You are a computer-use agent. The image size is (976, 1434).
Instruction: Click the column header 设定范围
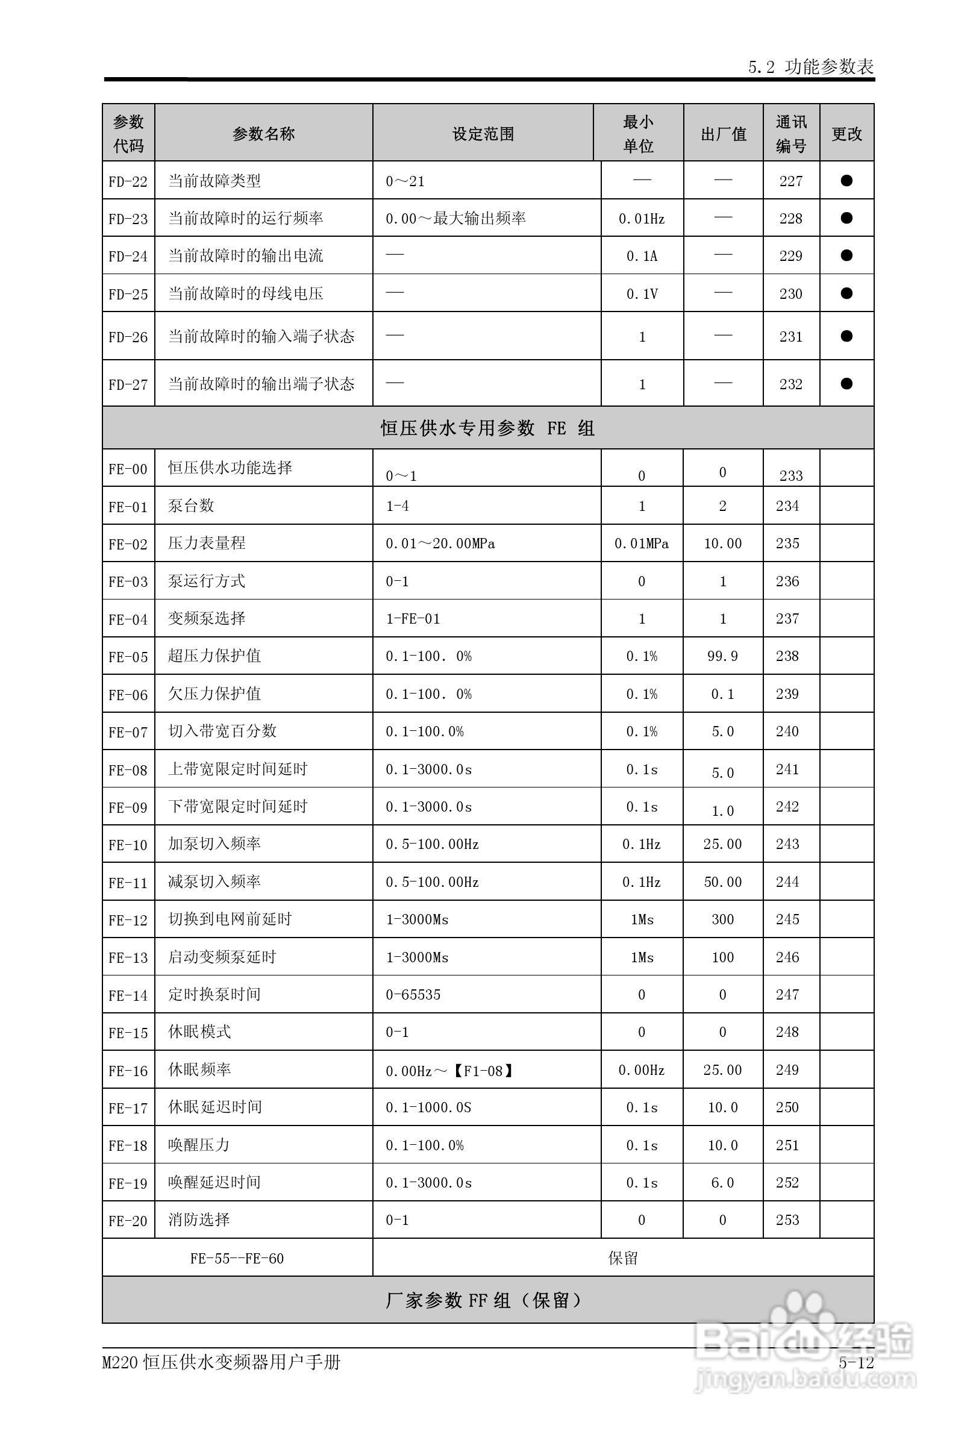483,134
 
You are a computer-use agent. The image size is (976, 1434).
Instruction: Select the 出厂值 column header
723,134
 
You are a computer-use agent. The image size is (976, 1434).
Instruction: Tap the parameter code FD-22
128,181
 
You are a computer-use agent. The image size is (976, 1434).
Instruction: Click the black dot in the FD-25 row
846,293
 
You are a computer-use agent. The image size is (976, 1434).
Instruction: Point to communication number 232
790,384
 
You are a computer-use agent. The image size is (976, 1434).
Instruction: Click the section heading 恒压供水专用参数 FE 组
487,428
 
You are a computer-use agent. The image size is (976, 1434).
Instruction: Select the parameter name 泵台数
191,506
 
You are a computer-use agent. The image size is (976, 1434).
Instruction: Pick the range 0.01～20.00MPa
440,543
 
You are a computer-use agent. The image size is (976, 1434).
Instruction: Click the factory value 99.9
722,656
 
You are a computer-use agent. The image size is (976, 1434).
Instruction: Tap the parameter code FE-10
128,845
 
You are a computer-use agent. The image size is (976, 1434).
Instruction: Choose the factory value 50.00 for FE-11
722,882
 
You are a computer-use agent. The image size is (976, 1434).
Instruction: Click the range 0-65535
413,995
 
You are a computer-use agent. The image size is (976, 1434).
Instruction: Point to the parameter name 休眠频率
199,1069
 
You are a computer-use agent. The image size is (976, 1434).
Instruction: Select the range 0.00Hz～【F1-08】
451,1071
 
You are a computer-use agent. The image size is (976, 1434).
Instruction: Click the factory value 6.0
722,1183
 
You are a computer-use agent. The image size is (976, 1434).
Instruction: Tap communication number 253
787,1220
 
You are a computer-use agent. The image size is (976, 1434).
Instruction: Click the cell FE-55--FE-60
237,1259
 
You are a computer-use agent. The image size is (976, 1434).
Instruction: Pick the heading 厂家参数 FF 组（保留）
484,1301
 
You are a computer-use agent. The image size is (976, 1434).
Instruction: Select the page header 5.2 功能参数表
811,67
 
